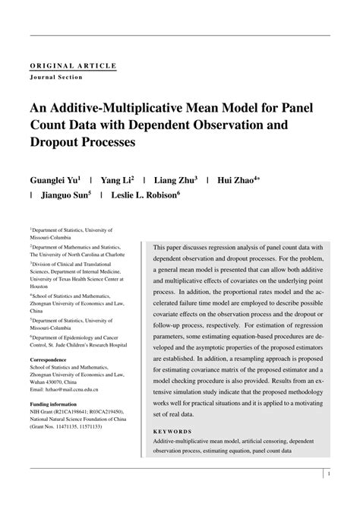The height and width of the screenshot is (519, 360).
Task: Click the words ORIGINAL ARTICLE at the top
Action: click(x=73, y=66)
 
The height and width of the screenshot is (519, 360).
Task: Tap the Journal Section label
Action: click(x=56, y=77)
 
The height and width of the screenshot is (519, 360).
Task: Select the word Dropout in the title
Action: click(x=62, y=141)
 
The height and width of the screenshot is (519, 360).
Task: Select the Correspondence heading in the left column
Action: click(x=52, y=359)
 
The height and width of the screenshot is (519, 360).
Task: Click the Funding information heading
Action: click(x=53, y=404)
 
